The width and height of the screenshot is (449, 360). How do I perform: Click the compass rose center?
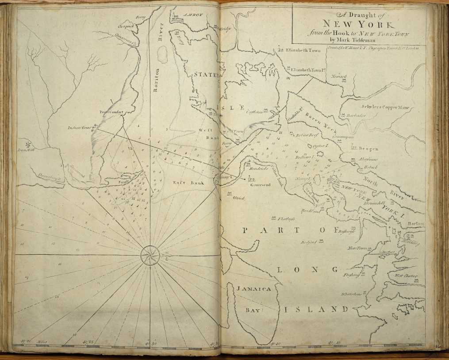(x=150, y=255)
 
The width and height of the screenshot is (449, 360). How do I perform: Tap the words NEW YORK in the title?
(x=359, y=24)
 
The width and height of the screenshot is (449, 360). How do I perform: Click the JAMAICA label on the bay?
(x=253, y=289)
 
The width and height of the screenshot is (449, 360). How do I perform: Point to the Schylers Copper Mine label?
(x=385, y=107)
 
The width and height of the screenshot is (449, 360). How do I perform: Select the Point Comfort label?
(x=111, y=112)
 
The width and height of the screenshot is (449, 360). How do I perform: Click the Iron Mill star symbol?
(x=28, y=144)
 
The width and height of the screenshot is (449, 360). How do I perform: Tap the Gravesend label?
(x=260, y=185)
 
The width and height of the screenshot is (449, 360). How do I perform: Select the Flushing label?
(x=351, y=275)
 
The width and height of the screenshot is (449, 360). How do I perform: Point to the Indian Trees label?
(x=79, y=128)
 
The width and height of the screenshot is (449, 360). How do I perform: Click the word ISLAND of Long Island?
(x=315, y=309)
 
